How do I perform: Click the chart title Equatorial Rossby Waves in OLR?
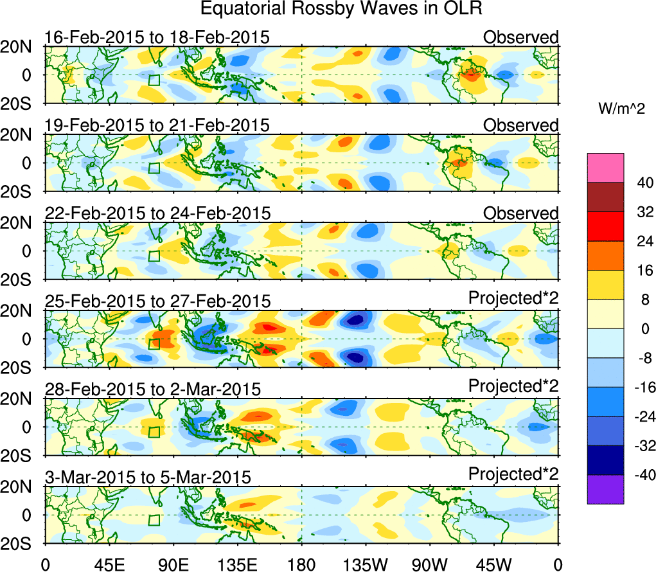click(341, 10)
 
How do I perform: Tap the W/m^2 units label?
click(620, 110)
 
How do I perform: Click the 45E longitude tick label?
click(109, 565)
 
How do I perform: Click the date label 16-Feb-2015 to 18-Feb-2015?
click(157, 37)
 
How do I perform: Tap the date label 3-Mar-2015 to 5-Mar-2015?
click(148, 478)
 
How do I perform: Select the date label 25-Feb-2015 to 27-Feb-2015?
click(157, 301)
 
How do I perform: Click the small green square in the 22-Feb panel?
click(154, 256)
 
